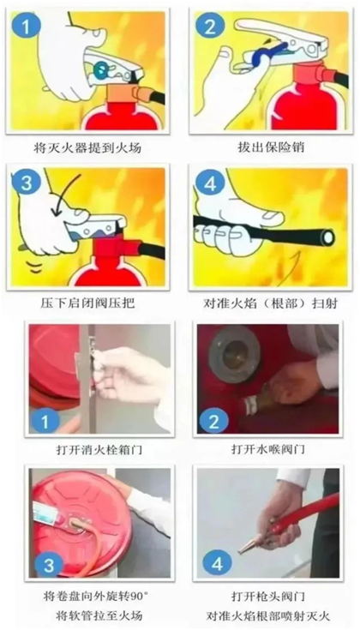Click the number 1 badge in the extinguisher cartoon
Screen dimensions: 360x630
[26, 27]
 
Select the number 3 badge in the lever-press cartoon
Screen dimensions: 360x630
[27, 183]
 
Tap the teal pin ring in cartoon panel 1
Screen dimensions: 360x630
[100, 69]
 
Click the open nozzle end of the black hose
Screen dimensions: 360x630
[328, 237]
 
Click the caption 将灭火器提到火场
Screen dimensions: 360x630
[87, 147]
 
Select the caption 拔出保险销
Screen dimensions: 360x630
[270, 147]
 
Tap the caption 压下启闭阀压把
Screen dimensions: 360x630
[87, 303]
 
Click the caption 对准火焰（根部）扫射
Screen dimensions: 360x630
[270, 303]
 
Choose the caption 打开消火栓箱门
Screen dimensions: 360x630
[99, 449]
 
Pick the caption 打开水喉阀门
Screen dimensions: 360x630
[268, 449]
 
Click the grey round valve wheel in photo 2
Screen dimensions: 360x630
[235, 354]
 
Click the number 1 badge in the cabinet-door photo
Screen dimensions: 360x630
[45, 422]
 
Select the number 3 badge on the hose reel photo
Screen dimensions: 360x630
[49, 566]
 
